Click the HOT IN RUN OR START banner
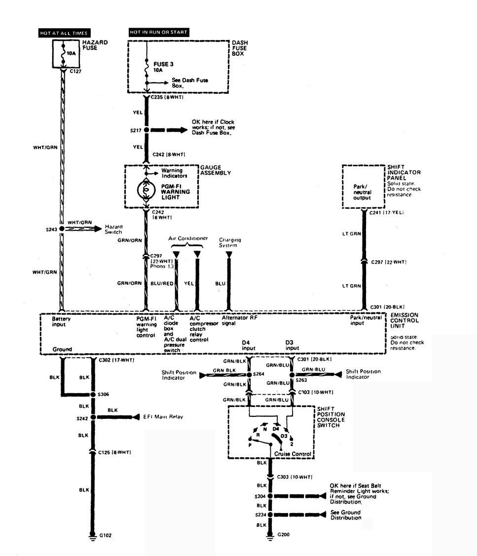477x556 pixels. click(x=158, y=33)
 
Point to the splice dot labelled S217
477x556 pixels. click(x=147, y=130)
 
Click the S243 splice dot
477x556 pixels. click(x=62, y=229)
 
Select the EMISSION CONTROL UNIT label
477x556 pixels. click(x=404, y=321)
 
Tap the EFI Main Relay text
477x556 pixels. click(x=157, y=417)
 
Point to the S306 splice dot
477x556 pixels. click(x=92, y=395)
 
